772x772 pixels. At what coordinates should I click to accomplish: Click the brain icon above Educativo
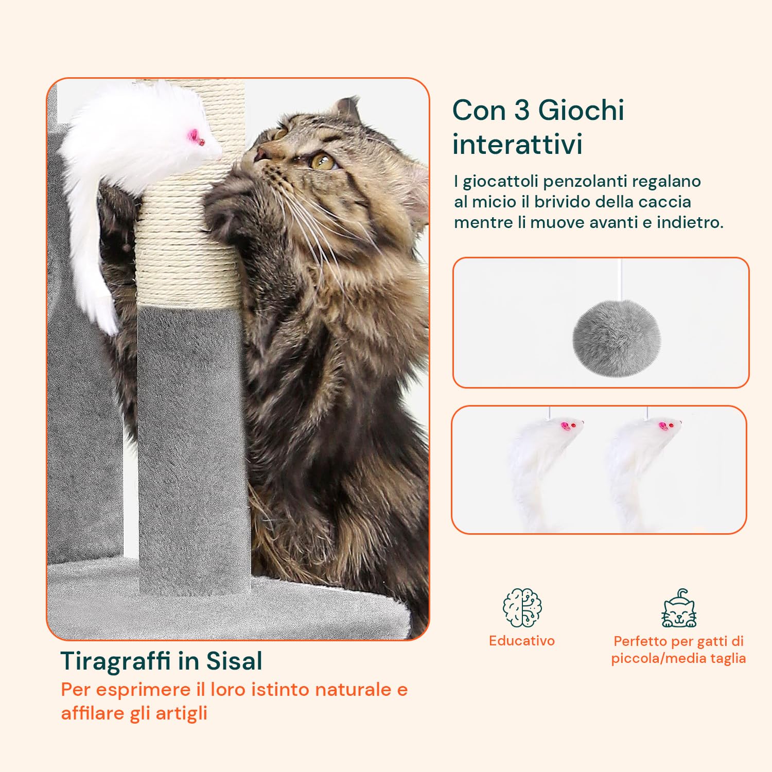pos(522,608)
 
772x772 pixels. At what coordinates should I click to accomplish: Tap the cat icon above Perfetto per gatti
pos(678,609)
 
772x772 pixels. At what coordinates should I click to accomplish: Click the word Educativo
pos(522,641)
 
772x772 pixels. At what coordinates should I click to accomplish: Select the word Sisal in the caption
pos(234,661)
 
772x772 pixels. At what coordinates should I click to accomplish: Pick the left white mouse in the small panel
pos(540,463)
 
